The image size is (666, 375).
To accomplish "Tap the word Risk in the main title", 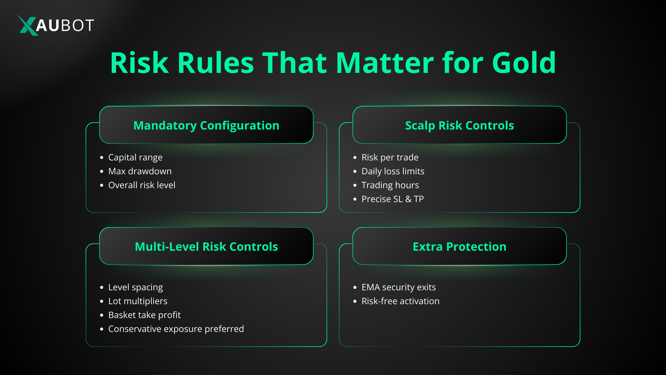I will point(139,63).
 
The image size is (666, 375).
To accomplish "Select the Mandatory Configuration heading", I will point(206,125).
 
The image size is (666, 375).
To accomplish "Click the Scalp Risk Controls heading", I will point(459,125).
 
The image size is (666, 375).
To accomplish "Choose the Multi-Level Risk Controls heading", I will point(206,247).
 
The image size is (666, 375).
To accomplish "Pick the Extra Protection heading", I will point(459,247).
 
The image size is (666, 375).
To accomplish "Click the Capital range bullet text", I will point(135,157).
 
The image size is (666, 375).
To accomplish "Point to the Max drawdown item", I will point(140,171).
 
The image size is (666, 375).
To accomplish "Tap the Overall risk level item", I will point(142,185).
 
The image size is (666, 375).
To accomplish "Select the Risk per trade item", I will point(390,157).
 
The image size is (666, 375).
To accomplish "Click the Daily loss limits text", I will point(393,171).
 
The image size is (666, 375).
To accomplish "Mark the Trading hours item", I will point(390,185).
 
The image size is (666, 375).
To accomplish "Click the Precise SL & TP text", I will point(392,199).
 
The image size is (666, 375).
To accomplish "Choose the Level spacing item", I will point(135,287).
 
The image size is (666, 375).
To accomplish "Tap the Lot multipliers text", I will point(138,301).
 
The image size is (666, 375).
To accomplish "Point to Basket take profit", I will point(144,315).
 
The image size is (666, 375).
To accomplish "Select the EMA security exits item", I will point(398,287).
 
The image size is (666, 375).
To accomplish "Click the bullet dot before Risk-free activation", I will point(355,301).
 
